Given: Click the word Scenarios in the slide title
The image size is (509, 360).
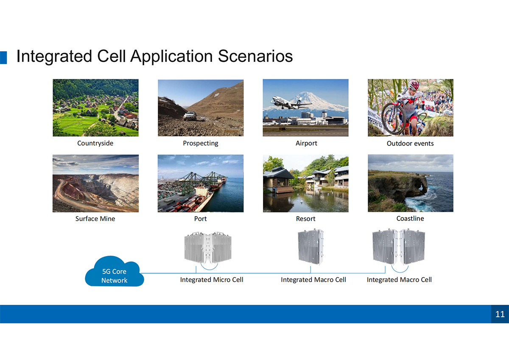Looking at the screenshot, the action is click(x=255, y=56).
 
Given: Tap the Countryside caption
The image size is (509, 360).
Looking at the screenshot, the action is click(x=95, y=143).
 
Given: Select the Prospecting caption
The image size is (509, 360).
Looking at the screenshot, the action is click(x=200, y=143).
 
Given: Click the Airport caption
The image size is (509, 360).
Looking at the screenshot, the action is click(x=306, y=143).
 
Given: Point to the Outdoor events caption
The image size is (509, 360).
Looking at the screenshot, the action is click(x=410, y=143).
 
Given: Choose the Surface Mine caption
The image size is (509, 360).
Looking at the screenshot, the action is click(x=95, y=218).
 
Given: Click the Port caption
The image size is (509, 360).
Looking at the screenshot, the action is click(x=200, y=218).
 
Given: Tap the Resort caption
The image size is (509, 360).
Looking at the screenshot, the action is click(x=306, y=218).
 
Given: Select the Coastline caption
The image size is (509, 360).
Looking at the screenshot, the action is click(x=410, y=218).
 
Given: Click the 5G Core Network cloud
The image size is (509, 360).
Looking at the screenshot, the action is click(x=114, y=272).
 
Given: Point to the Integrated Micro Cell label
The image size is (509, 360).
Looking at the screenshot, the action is click(x=212, y=279).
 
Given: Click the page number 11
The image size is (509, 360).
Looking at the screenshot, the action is click(x=500, y=314).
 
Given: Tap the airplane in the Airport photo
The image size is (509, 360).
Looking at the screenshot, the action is click(x=291, y=103).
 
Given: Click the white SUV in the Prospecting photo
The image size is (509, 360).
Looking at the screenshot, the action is click(x=190, y=116).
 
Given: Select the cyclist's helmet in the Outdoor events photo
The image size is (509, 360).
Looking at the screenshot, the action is click(x=414, y=84).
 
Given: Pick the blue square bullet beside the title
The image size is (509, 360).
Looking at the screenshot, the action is click(x=3, y=58).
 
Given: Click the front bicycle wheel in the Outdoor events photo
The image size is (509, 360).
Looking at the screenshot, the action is click(x=390, y=118).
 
